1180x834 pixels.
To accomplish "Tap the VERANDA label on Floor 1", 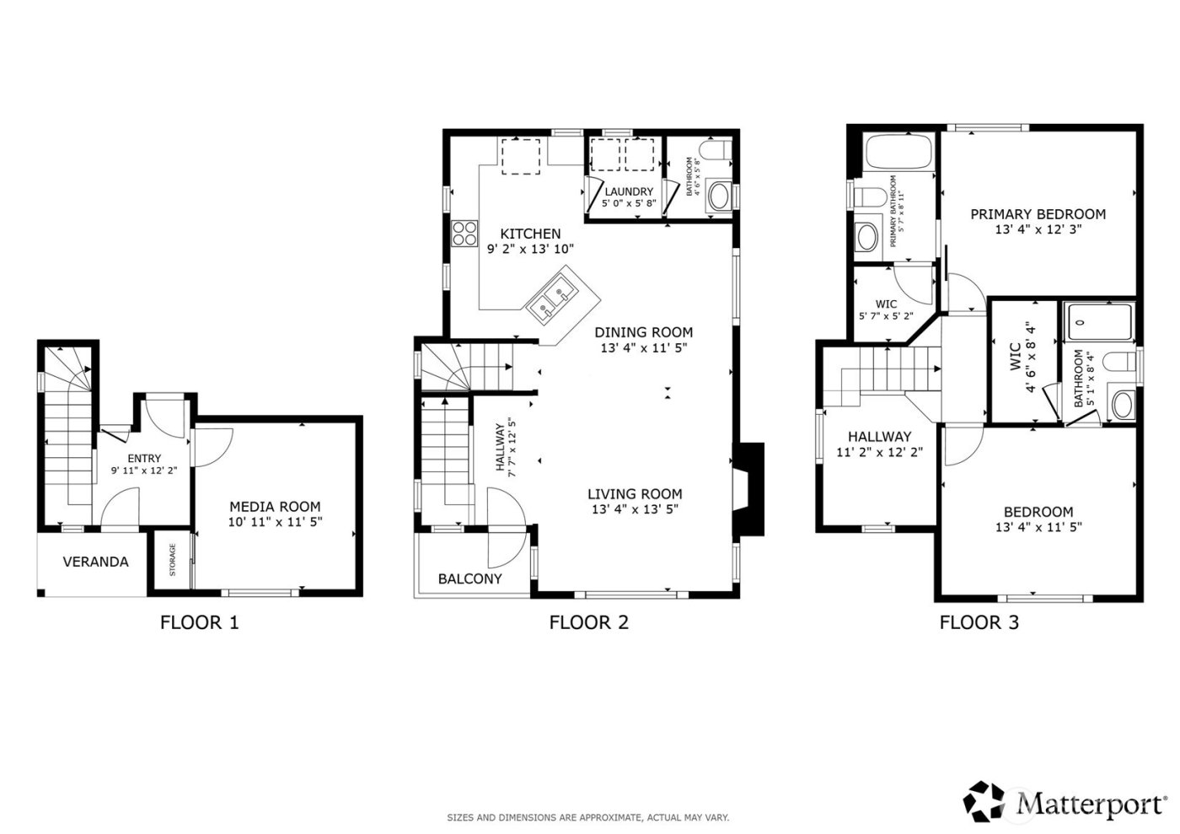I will (x=96, y=562).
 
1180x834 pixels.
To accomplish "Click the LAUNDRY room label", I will (x=628, y=192).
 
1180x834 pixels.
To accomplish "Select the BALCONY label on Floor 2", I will (x=469, y=578).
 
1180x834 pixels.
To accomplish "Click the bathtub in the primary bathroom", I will (x=898, y=153).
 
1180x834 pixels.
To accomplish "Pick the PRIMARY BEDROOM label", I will (x=1038, y=214).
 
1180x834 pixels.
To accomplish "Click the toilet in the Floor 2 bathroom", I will (x=714, y=153).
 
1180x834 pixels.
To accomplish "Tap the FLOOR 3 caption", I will (x=979, y=623).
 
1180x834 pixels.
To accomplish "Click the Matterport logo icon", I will (x=985, y=801).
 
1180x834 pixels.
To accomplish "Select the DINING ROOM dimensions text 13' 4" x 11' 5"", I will (x=645, y=347).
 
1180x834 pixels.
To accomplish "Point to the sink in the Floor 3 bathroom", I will (x=1122, y=403).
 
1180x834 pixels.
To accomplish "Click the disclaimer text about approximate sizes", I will (x=587, y=817).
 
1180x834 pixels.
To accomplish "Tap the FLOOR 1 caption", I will (x=199, y=623).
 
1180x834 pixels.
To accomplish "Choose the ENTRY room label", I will (x=144, y=459).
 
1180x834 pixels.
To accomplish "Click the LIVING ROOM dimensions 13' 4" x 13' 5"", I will (x=635, y=509).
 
